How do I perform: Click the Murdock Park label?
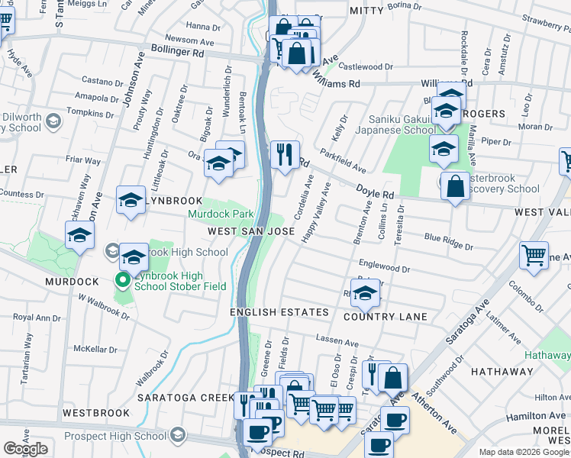(x=221, y=214)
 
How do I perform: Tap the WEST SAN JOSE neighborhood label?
(x=246, y=231)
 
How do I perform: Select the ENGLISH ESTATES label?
(x=279, y=312)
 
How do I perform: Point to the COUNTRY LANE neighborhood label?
(x=386, y=316)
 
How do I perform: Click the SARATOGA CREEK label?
(x=185, y=398)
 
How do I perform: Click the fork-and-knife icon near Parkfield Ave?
(x=284, y=155)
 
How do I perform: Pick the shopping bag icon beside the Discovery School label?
(x=455, y=186)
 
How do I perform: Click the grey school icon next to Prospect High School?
(x=177, y=435)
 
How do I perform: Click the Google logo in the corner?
(x=25, y=449)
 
